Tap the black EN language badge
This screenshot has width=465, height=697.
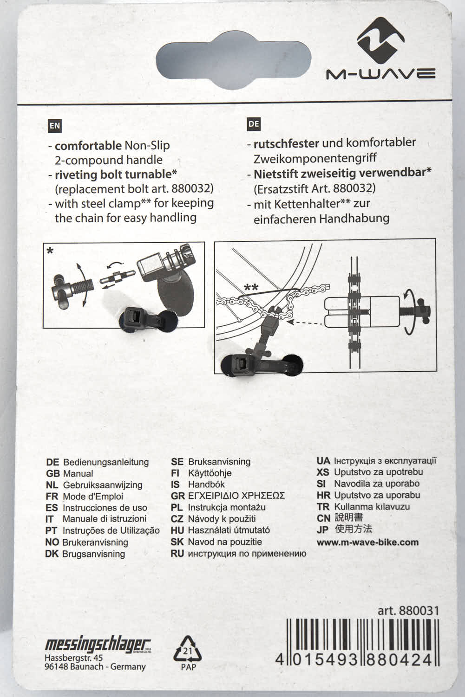(55, 125)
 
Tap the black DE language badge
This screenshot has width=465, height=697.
(254, 124)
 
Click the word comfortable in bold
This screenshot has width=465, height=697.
(88, 146)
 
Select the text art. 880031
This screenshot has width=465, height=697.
(408, 610)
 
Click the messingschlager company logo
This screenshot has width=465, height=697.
(98, 645)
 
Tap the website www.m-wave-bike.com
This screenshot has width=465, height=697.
(367, 542)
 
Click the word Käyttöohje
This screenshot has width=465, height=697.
(210, 473)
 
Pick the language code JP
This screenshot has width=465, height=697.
(322, 530)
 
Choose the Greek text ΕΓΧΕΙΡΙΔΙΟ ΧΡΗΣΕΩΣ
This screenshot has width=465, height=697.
(236, 496)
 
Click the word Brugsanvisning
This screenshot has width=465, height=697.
(93, 554)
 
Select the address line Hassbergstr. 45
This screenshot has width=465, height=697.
(73, 658)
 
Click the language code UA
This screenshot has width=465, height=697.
(323, 461)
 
